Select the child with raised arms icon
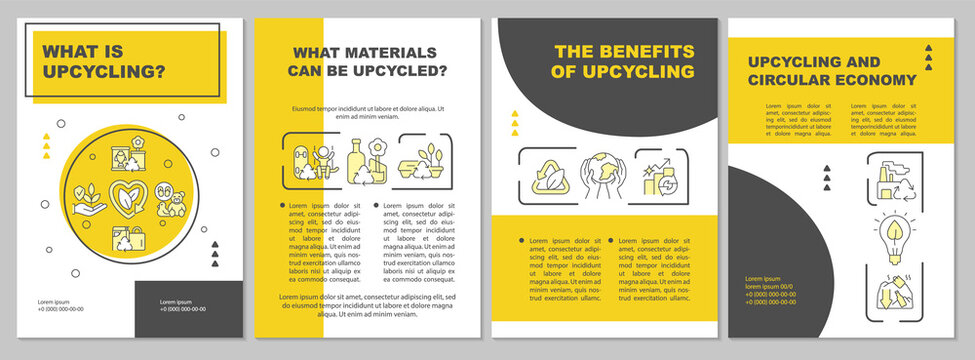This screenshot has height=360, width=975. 324,158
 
